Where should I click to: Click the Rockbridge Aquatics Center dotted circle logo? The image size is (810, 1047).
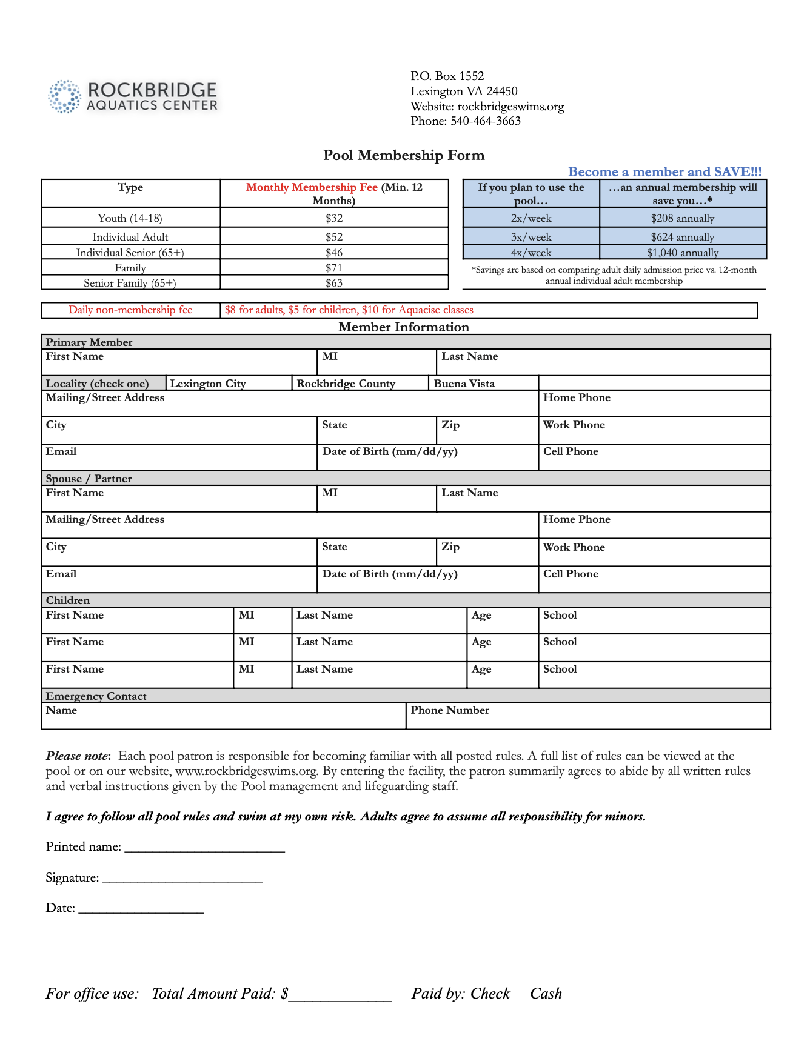(x=64, y=96)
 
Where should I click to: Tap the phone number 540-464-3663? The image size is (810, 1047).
(x=486, y=121)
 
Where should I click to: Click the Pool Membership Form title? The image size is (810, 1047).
(x=404, y=155)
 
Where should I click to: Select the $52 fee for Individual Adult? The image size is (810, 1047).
(x=334, y=237)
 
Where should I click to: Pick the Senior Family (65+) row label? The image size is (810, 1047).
(x=130, y=283)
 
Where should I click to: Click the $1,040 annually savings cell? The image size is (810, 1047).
(x=683, y=253)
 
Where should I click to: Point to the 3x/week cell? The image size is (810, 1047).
(x=531, y=237)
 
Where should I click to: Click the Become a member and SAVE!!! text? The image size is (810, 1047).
(x=664, y=172)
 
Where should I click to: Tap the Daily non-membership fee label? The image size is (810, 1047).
(x=130, y=310)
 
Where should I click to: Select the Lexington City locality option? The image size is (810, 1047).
(x=208, y=384)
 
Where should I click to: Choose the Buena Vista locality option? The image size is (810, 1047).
(x=464, y=384)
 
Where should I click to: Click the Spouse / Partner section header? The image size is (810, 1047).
(x=89, y=479)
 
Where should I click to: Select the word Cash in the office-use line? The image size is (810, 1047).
(x=546, y=994)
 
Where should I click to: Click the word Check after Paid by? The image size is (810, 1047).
(x=490, y=994)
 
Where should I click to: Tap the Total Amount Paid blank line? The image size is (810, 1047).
(x=340, y=995)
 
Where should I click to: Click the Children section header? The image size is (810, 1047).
(x=68, y=600)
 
